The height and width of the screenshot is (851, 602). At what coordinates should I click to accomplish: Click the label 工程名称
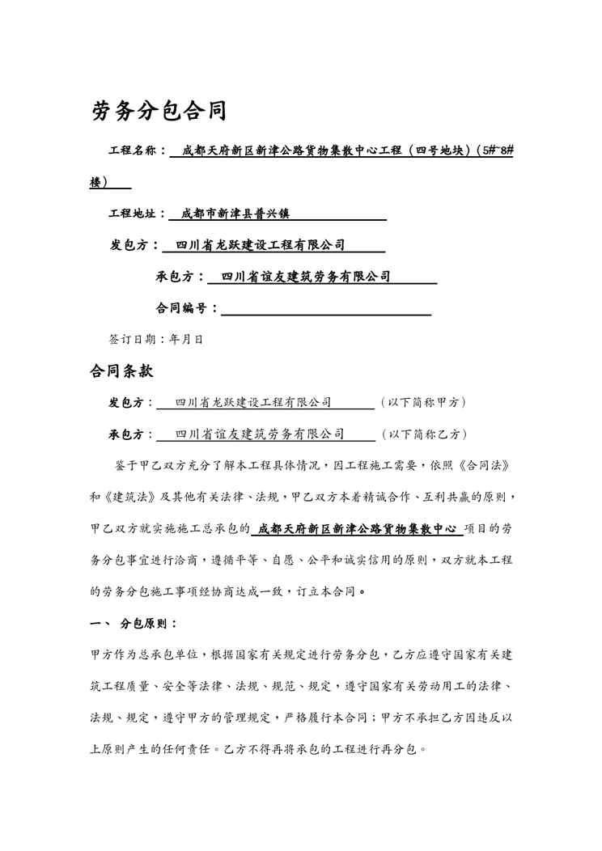click(x=137, y=150)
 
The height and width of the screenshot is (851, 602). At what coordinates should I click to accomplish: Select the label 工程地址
click(x=137, y=214)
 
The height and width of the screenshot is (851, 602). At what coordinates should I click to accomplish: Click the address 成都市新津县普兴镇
click(x=235, y=214)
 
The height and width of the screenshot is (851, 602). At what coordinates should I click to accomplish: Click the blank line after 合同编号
click(x=325, y=310)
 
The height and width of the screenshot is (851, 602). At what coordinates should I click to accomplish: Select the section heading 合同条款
click(x=121, y=372)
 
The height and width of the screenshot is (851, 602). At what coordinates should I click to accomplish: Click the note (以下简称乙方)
click(x=422, y=434)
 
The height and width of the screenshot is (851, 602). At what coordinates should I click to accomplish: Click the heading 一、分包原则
click(x=134, y=624)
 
